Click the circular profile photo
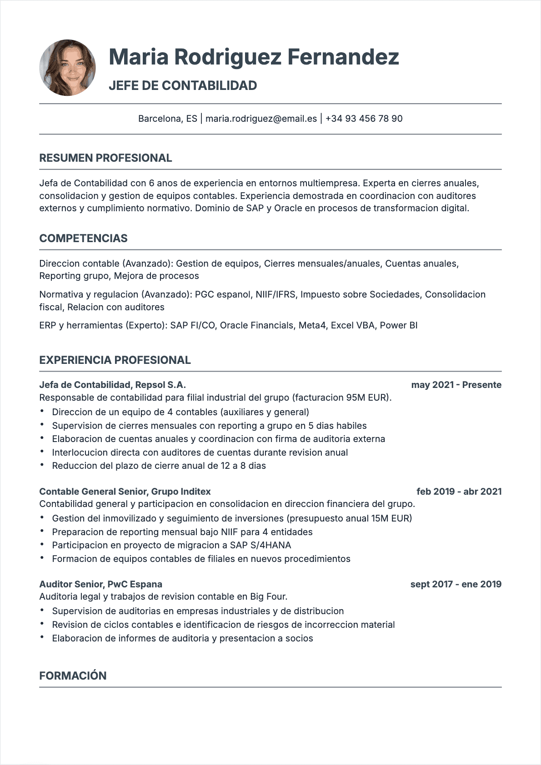click(x=68, y=68)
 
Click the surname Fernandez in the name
click(x=343, y=57)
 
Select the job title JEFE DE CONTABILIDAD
click(x=183, y=85)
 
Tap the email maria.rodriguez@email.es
click(x=261, y=119)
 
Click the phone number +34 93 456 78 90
click(x=364, y=119)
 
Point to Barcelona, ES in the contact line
click(x=168, y=119)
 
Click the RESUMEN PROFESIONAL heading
click(x=105, y=158)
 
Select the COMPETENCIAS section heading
click(x=83, y=238)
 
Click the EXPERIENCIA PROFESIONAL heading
click(x=115, y=360)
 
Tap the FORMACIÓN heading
click(x=73, y=676)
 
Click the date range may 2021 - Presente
click(x=456, y=385)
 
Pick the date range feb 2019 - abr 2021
click(x=459, y=492)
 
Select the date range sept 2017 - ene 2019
click(x=456, y=584)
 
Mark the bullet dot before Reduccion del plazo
click(x=42, y=465)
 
